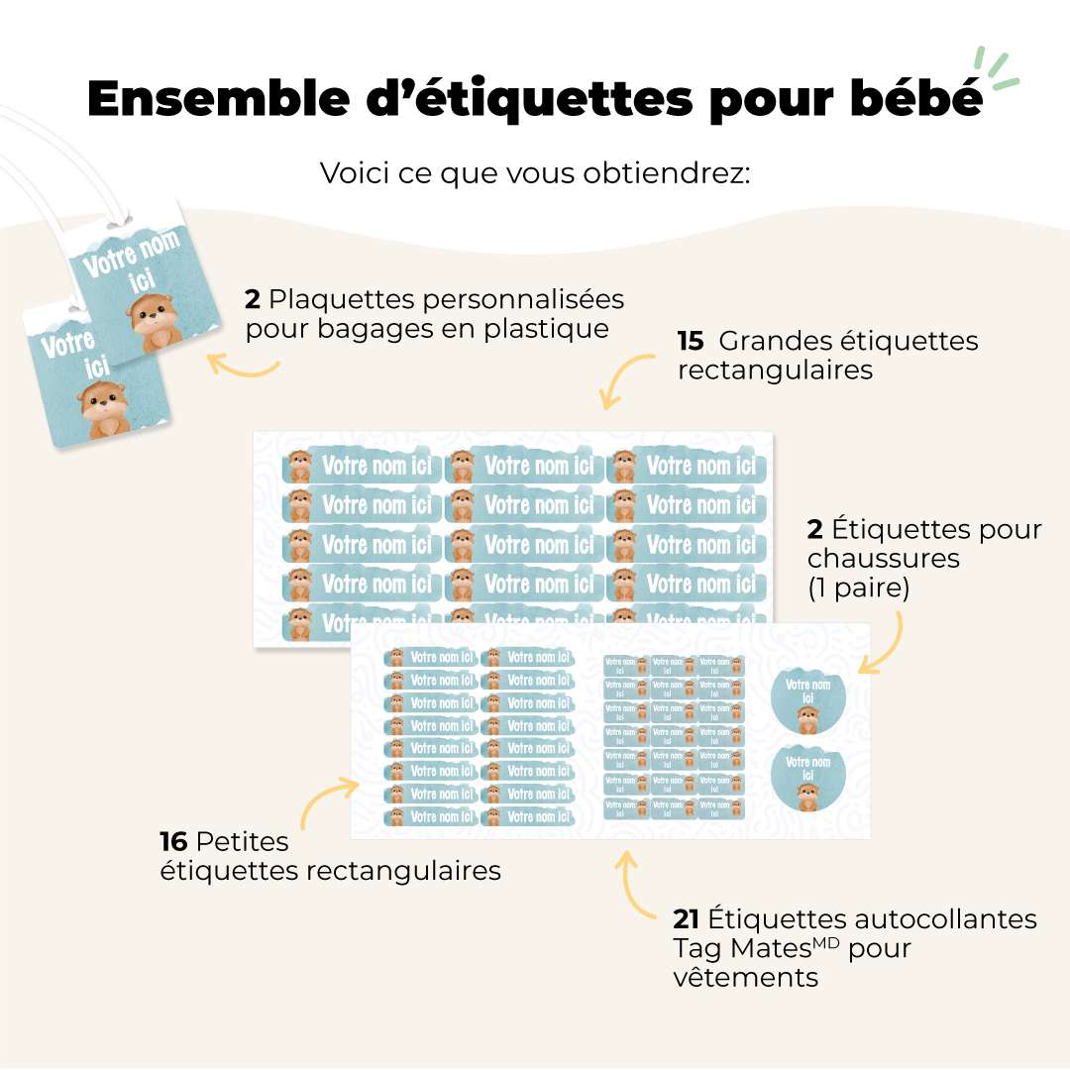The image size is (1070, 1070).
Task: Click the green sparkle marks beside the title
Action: coord(995,69)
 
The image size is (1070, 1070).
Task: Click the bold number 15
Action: coord(691,342)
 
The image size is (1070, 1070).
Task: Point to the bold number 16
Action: coord(173,842)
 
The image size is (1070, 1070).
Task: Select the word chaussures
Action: coord(884,558)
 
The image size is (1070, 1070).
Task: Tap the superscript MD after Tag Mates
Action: coord(826,941)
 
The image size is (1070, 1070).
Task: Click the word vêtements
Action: coord(745,977)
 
